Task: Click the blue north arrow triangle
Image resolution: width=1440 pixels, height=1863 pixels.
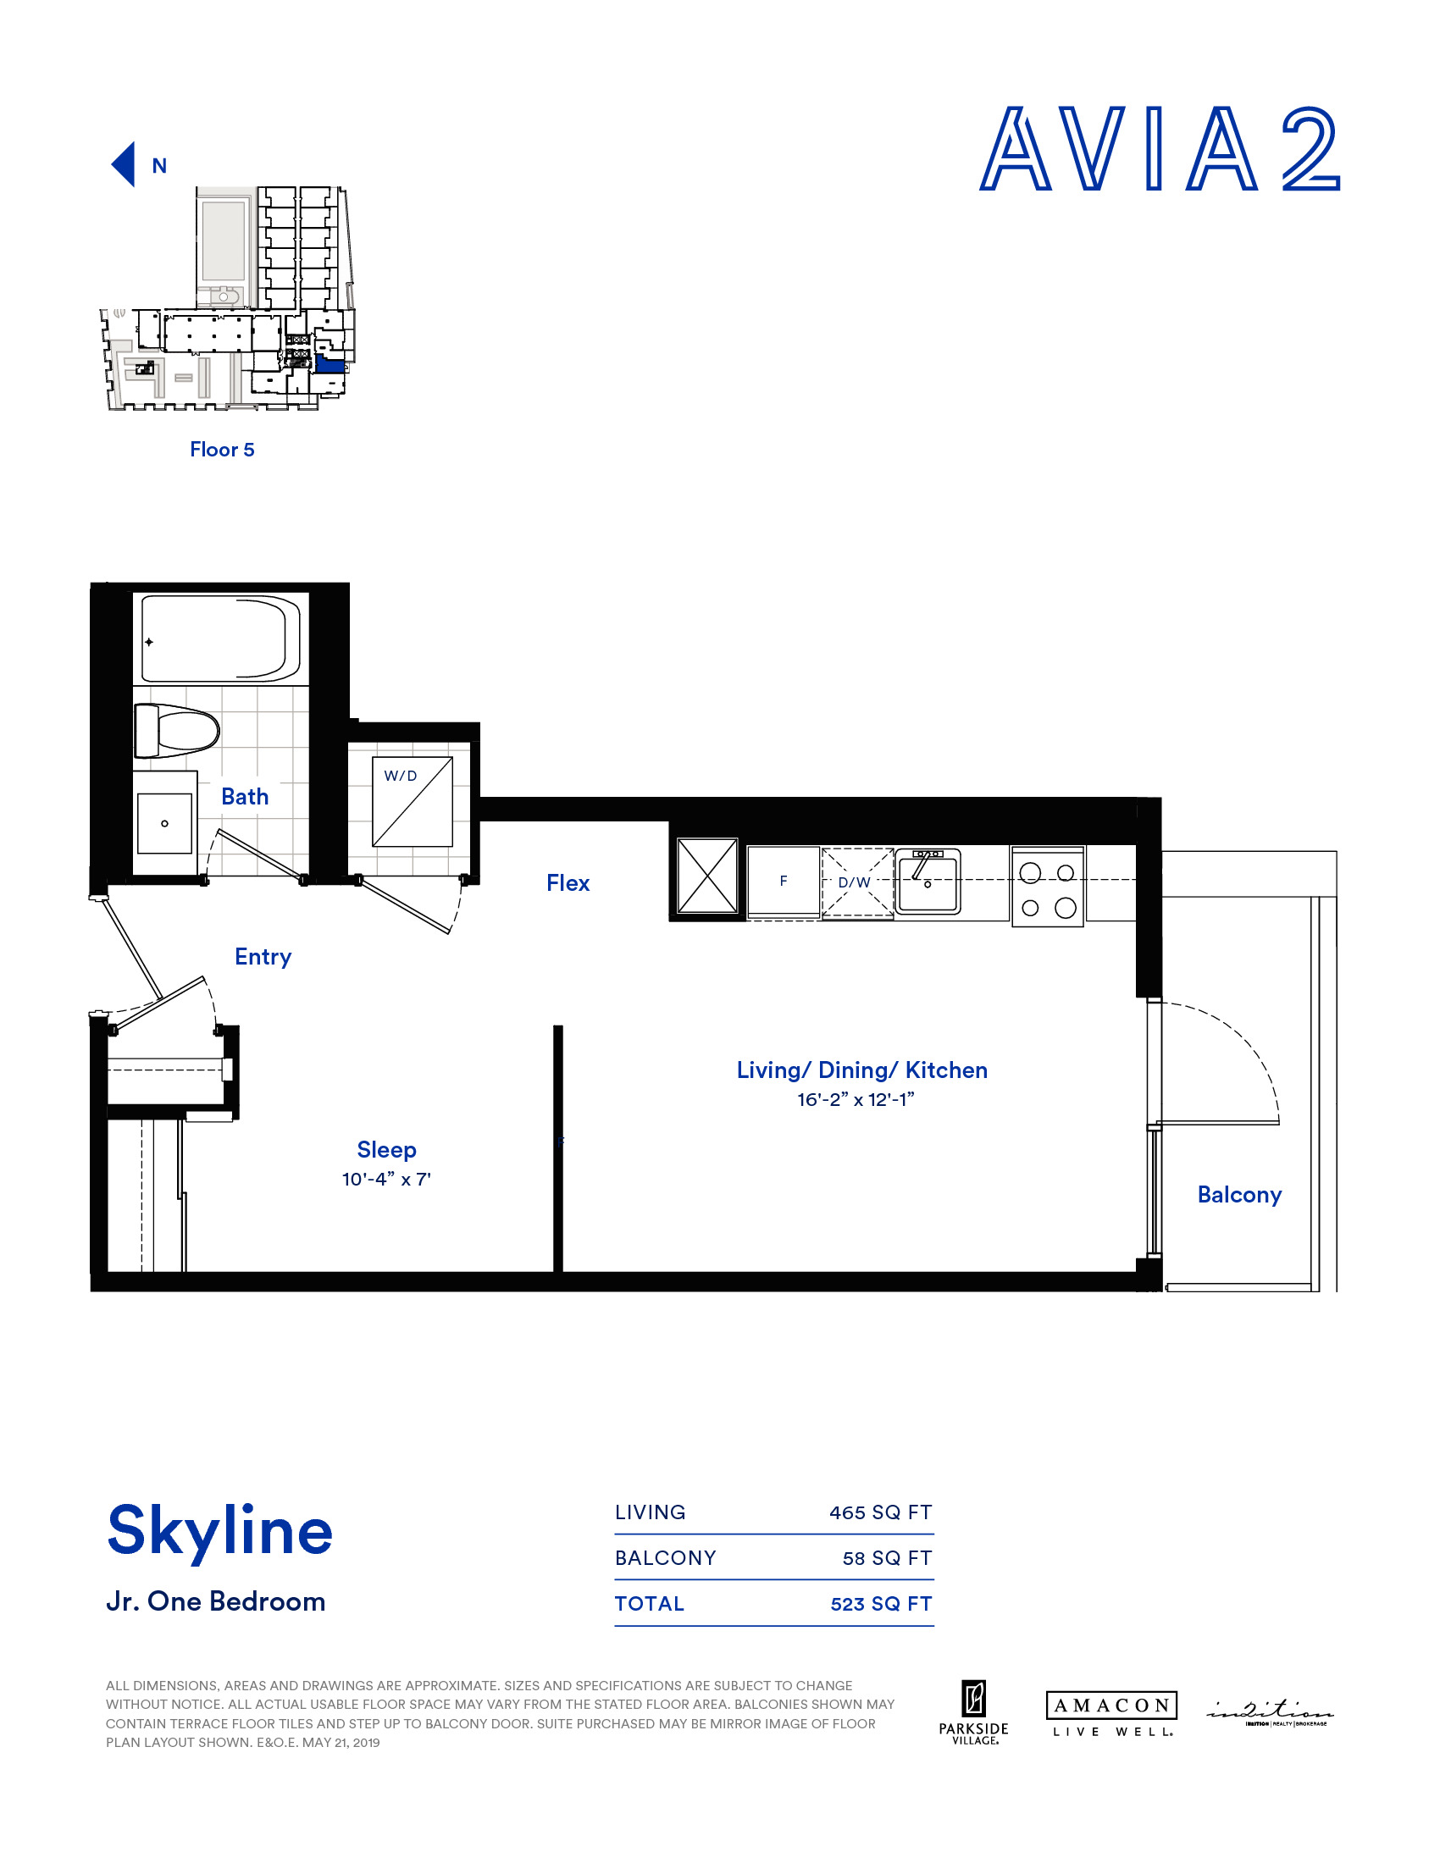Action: pyautogui.click(x=125, y=163)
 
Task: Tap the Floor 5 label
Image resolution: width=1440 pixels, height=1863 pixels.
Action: pyautogui.click(x=222, y=450)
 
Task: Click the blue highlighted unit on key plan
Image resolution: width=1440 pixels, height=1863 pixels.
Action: pyautogui.click(x=330, y=365)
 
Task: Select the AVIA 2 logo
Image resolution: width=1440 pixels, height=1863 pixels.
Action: pyautogui.click(x=1160, y=149)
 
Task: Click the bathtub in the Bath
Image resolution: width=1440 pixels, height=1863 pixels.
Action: pyautogui.click(x=220, y=639)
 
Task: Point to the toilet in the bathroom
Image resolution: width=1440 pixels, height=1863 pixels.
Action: pyautogui.click(x=177, y=731)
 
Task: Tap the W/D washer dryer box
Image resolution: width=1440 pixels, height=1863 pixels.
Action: pyautogui.click(x=412, y=801)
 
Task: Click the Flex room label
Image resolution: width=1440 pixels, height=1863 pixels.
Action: pyautogui.click(x=568, y=883)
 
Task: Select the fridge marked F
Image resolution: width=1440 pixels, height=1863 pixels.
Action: pyautogui.click(x=784, y=882)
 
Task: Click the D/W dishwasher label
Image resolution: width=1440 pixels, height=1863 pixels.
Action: pyautogui.click(x=854, y=883)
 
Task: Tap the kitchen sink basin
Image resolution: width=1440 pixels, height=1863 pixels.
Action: pyautogui.click(x=928, y=883)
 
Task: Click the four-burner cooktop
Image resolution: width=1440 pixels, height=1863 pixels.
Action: pyautogui.click(x=1047, y=887)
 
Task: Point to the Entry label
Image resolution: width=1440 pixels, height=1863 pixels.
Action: pyautogui.click(x=263, y=956)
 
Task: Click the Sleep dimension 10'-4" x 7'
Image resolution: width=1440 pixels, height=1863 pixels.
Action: pyautogui.click(x=386, y=1179)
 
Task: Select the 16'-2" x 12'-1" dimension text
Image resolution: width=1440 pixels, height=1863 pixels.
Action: pyautogui.click(x=856, y=1099)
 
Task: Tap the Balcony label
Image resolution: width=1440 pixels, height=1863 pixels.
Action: pyautogui.click(x=1238, y=1194)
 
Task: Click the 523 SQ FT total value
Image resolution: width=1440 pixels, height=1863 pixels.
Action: pyautogui.click(x=880, y=1604)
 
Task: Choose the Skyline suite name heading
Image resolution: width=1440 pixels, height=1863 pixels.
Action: pyautogui.click(x=220, y=1530)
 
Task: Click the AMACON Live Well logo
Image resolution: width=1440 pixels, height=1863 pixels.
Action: pyautogui.click(x=1110, y=1714)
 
